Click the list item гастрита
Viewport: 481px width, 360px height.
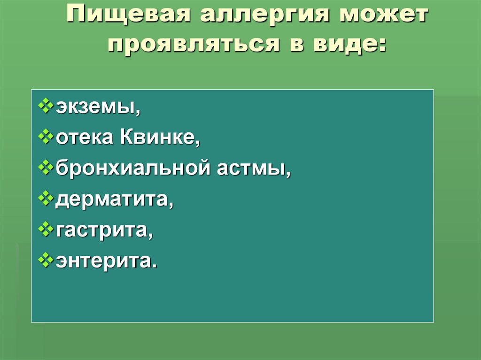(104, 230)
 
